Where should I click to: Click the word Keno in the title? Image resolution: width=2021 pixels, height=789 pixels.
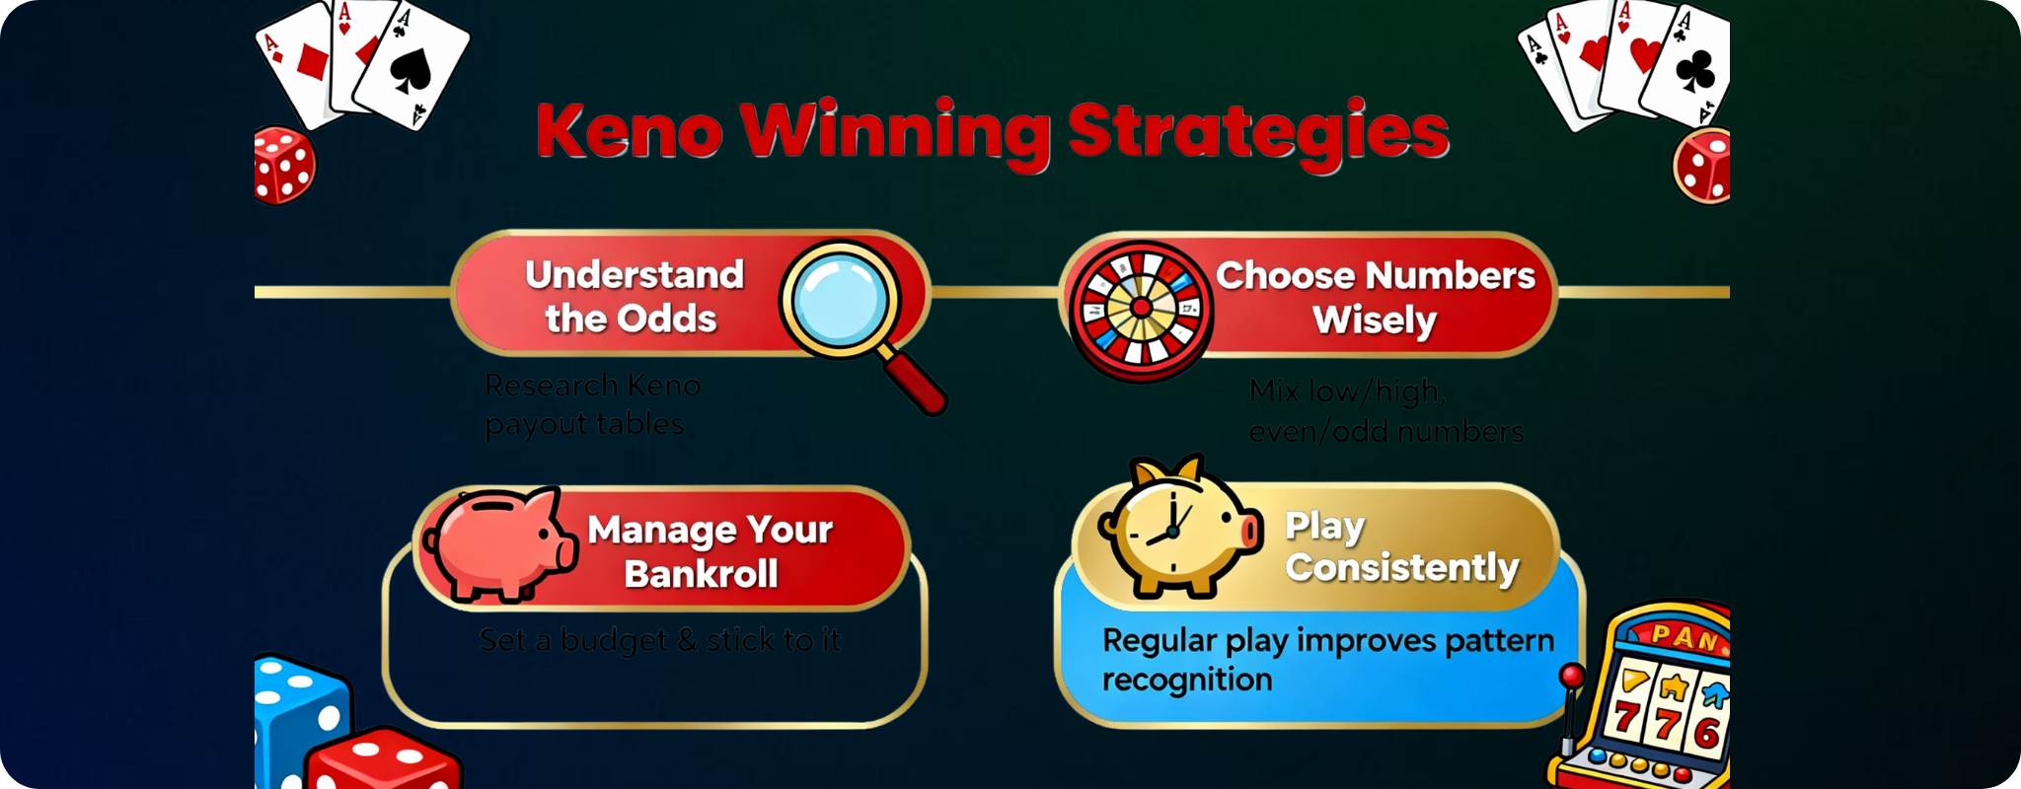pos(630,131)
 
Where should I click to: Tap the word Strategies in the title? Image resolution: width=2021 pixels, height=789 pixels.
pos(1258,133)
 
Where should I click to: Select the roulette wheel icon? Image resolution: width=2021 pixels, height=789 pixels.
pos(1141,308)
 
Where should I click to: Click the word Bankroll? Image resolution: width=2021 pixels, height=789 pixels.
pos(701,574)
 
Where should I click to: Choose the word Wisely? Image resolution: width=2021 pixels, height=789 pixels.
pos(1374,321)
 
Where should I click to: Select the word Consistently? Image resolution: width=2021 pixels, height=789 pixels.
pos(1401,568)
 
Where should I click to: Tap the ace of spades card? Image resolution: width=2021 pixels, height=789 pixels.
pos(412,67)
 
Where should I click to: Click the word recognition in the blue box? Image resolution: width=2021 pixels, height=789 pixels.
pos(1187,680)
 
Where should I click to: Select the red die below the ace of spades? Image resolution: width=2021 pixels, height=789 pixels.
pos(284,166)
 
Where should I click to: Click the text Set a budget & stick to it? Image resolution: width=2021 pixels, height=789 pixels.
pos(659,640)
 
